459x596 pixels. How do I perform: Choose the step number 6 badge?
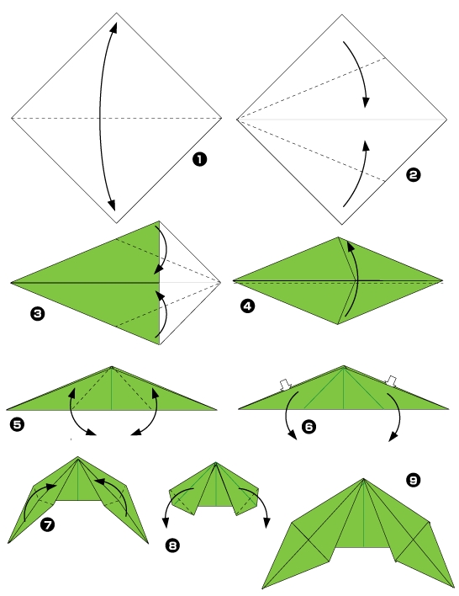point(309,427)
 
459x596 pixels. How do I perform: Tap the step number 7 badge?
point(48,525)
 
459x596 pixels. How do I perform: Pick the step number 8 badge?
point(172,546)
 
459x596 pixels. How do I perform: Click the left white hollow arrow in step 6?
point(285,385)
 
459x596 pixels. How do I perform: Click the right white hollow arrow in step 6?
point(390,382)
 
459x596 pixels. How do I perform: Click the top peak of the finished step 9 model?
point(365,479)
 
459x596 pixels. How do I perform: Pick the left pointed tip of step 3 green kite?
point(12,283)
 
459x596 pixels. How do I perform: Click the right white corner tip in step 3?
point(219,282)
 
